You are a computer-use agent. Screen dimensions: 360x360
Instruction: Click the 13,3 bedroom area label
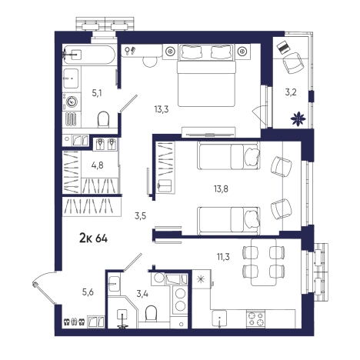(x=162, y=109)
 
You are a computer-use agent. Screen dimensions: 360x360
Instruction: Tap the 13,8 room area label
(x=221, y=189)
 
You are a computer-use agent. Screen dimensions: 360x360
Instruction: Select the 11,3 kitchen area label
(x=223, y=256)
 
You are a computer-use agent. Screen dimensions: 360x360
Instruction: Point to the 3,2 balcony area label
(x=291, y=92)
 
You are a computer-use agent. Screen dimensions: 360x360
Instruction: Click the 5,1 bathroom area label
(x=97, y=93)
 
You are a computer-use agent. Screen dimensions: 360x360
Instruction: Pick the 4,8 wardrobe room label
(x=98, y=165)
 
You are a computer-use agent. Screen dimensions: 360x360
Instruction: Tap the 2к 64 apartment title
(x=94, y=238)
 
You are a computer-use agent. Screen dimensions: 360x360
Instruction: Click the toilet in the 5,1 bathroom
(x=104, y=119)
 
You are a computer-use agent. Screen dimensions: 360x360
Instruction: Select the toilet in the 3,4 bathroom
(x=151, y=313)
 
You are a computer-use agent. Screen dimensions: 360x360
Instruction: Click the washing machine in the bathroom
(x=72, y=102)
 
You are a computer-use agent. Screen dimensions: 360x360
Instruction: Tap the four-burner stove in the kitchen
(x=255, y=318)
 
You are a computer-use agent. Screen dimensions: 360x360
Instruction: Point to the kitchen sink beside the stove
(x=219, y=318)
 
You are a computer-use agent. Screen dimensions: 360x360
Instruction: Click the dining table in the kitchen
(x=264, y=262)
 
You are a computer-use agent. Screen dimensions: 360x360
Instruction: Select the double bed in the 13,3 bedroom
(x=206, y=75)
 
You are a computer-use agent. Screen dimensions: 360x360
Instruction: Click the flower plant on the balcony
(x=298, y=118)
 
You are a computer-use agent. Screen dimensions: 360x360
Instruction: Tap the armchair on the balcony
(x=293, y=63)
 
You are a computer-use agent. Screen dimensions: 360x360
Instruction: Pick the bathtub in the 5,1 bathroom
(x=89, y=55)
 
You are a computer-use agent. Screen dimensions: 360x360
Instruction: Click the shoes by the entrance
(x=75, y=322)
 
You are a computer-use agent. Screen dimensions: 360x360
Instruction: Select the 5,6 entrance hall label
(x=88, y=292)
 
